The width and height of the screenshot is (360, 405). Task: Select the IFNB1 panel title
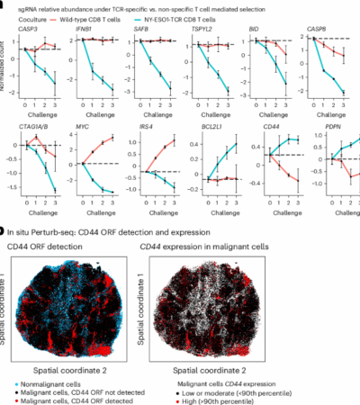[x=85, y=30]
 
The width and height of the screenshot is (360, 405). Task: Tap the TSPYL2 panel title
[x=199, y=30]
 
